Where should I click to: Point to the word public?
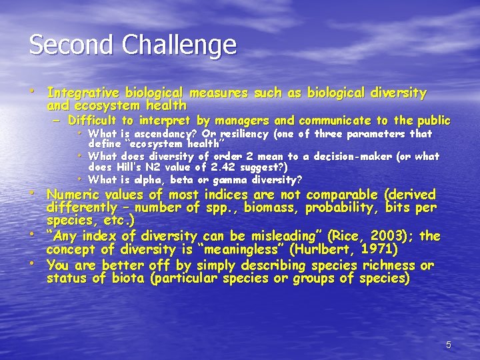[433, 121]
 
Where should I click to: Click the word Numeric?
[74, 195]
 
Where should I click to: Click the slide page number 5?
[449, 345]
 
